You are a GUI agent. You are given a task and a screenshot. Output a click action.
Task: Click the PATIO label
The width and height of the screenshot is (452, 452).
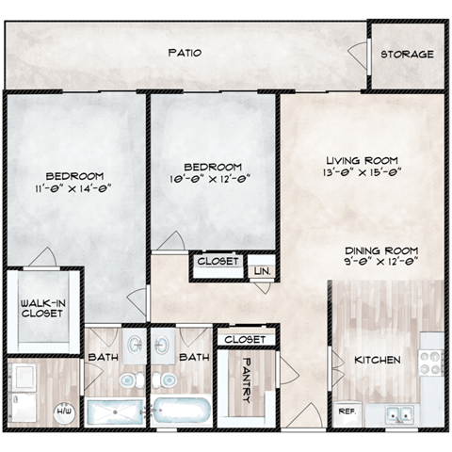click(x=185, y=53)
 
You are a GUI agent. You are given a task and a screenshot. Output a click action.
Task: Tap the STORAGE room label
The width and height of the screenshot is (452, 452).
click(x=407, y=54)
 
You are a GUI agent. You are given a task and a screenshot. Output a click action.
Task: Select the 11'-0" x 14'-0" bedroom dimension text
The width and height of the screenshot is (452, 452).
click(x=73, y=187)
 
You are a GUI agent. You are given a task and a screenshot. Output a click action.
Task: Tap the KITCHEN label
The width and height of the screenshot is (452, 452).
click(x=377, y=360)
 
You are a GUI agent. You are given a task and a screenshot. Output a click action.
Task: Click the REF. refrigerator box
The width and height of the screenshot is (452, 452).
click(x=346, y=412)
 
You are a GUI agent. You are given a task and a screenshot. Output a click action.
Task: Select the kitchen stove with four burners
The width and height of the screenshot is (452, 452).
click(x=430, y=363)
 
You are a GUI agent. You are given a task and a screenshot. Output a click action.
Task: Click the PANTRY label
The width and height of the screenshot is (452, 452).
click(x=246, y=379)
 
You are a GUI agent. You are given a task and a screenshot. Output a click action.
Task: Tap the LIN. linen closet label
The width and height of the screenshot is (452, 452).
click(x=261, y=271)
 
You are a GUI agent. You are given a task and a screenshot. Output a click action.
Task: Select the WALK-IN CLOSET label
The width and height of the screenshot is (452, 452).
click(x=42, y=308)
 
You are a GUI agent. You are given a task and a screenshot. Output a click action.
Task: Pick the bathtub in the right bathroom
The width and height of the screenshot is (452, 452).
click(x=180, y=412)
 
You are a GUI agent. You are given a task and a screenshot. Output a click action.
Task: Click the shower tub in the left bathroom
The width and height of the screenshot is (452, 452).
click(x=114, y=412)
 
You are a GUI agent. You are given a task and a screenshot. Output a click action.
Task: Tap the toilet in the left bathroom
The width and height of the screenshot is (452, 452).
click(x=126, y=380)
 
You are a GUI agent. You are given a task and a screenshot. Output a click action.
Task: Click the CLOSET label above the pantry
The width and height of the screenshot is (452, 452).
click(x=246, y=337)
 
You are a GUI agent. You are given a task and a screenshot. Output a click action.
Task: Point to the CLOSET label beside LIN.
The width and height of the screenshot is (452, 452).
click(x=219, y=261)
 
